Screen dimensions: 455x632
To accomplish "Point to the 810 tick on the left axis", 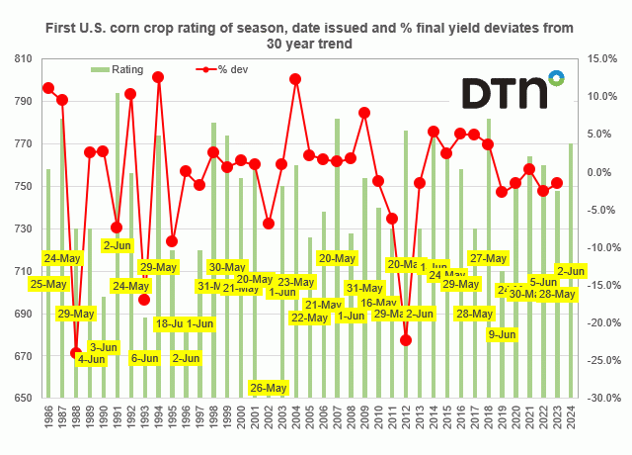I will point(21,59).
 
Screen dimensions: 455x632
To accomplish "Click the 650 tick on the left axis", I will point(21,399).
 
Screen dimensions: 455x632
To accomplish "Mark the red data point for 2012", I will point(406,340).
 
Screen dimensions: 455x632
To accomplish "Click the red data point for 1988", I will point(76,353).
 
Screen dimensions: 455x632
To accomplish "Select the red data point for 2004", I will point(295,79).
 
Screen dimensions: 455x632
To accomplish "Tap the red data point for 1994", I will point(158,77).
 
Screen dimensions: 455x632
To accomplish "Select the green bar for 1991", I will point(118,247).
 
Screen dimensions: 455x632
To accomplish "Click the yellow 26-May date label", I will point(269,387).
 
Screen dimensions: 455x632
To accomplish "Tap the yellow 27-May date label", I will point(488,258).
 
